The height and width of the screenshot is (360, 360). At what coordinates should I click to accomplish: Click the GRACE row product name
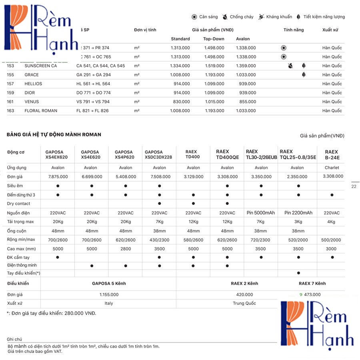click(32, 75)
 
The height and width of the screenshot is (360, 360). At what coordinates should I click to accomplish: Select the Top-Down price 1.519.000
click(214, 66)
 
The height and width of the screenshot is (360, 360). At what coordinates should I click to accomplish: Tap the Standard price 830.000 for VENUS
click(181, 102)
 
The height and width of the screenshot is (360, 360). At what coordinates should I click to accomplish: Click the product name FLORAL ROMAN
click(41, 111)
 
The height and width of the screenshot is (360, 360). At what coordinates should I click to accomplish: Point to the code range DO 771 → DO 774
click(93, 93)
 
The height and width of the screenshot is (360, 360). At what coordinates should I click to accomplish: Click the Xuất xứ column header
click(330, 30)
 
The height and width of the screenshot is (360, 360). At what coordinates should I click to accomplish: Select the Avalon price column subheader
click(243, 39)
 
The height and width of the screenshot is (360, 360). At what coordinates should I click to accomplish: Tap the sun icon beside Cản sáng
click(194, 17)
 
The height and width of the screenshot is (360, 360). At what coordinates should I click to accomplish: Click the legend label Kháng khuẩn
click(279, 17)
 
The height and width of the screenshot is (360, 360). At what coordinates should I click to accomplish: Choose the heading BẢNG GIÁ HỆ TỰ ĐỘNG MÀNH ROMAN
click(54, 134)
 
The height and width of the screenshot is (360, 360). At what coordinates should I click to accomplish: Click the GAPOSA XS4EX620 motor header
click(57, 155)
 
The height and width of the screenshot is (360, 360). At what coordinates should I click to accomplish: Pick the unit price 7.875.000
click(58, 176)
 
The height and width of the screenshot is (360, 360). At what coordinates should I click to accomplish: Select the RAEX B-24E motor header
click(331, 155)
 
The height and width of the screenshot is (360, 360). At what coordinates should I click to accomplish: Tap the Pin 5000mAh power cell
click(261, 213)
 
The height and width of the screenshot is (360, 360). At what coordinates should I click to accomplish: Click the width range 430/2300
click(159, 240)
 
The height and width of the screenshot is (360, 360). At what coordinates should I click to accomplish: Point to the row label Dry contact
click(18, 204)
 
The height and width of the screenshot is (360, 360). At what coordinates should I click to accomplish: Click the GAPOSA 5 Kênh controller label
click(109, 283)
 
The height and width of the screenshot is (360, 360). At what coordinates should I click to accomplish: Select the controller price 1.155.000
click(108, 294)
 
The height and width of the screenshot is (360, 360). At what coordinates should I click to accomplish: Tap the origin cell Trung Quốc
click(244, 303)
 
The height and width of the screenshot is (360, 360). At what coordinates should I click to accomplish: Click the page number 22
click(354, 186)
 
